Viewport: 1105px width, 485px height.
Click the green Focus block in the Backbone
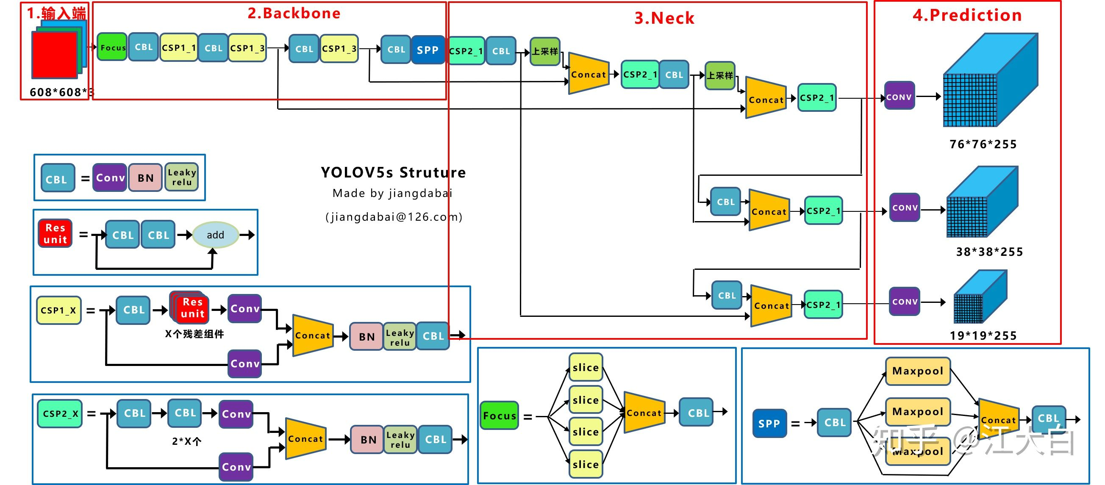(x=112, y=47)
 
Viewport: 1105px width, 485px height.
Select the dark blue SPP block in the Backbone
(x=427, y=50)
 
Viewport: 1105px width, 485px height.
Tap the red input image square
(x=55, y=55)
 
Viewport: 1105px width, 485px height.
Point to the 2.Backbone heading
(x=294, y=13)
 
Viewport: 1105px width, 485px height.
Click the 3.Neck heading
(x=664, y=18)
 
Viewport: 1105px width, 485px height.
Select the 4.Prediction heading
(x=967, y=15)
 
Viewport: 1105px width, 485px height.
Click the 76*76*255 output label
(x=983, y=144)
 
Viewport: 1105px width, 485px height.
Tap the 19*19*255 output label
(x=983, y=335)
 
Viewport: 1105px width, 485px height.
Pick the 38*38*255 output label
(x=989, y=252)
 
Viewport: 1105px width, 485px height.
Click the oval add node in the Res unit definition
(x=215, y=235)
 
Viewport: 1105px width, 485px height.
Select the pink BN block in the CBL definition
(x=145, y=177)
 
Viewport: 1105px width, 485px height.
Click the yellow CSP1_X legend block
(x=58, y=310)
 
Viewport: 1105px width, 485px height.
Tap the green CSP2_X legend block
(x=60, y=413)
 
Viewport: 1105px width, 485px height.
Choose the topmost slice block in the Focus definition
(x=586, y=367)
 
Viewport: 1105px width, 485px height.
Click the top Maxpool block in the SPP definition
(x=918, y=371)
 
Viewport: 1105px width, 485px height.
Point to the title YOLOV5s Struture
(x=393, y=172)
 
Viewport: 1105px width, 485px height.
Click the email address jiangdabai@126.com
(x=393, y=216)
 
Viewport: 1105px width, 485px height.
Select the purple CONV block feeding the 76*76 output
(x=899, y=97)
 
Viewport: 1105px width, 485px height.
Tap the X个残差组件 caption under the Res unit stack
(x=194, y=334)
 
